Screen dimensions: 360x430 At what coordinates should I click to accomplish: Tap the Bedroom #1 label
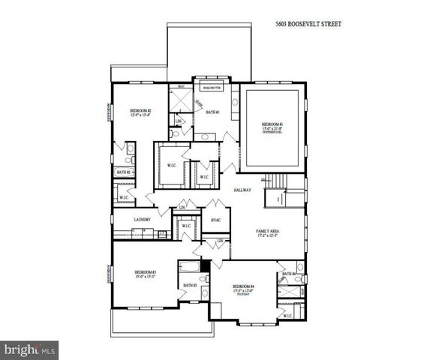coord(272,124)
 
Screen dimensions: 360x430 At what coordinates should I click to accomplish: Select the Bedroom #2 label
coord(140,111)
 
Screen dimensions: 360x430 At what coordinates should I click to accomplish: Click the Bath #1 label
coord(212,112)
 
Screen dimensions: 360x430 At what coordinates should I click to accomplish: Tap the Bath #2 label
coord(124,172)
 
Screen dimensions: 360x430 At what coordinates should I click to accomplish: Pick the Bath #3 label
coord(189,285)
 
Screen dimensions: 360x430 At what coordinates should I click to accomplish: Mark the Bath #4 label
coord(289,274)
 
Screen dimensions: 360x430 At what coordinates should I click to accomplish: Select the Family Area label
coord(268,232)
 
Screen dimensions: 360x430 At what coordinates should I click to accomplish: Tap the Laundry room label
coord(143,219)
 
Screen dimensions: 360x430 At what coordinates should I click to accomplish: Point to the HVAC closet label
coord(215,220)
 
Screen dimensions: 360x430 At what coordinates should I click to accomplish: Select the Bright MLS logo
coord(30,349)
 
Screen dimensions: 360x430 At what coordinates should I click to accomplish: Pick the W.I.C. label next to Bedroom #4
coord(287,316)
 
